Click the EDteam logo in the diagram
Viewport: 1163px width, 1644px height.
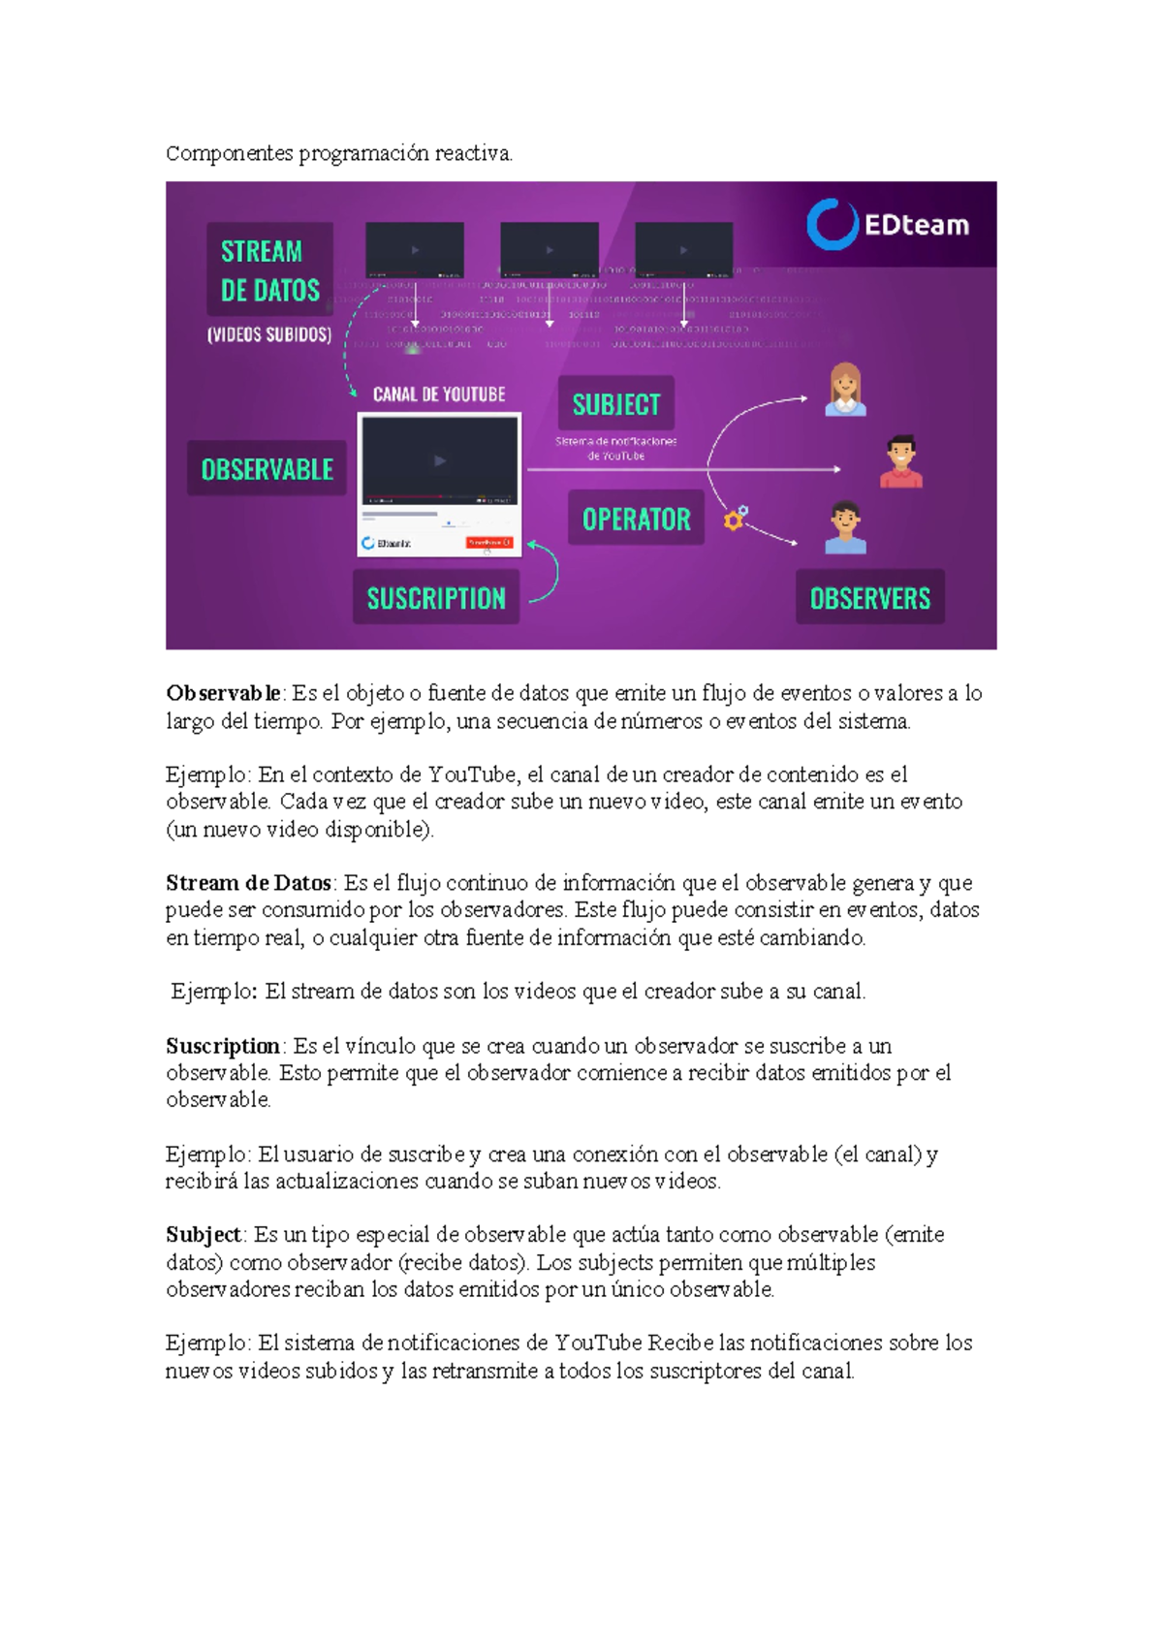coord(888,225)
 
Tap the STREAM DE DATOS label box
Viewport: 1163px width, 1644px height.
coord(269,269)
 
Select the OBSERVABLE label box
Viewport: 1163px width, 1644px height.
coord(267,469)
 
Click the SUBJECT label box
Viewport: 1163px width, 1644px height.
coord(616,403)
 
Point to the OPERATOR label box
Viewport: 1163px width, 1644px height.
coord(636,519)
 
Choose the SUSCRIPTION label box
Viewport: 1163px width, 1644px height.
coord(436,597)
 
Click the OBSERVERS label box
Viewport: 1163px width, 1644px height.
coord(869,597)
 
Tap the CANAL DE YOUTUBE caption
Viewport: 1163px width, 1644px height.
coord(439,395)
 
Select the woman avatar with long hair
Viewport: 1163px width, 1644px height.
coord(845,390)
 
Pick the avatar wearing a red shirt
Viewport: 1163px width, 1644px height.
coord(901,461)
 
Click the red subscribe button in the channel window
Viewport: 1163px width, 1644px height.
coord(489,542)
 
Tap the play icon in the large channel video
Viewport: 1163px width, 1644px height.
coord(440,461)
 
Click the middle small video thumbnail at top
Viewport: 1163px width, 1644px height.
coord(549,250)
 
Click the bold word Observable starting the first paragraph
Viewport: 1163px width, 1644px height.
coord(223,693)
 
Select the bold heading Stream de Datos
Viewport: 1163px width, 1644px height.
coord(249,883)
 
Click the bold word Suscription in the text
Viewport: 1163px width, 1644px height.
coord(223,1046)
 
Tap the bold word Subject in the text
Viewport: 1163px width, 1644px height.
coord(204,1235)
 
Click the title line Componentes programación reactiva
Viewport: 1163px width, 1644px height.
coord(339,153)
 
